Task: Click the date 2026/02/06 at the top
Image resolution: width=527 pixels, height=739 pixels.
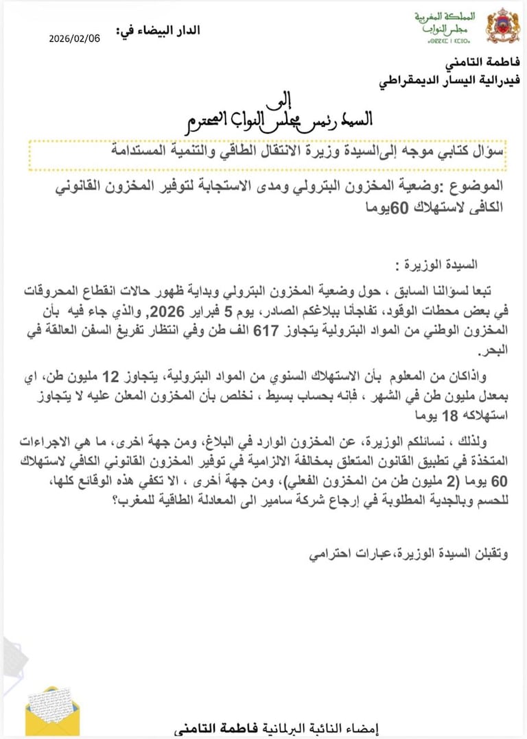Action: (74, 38)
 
